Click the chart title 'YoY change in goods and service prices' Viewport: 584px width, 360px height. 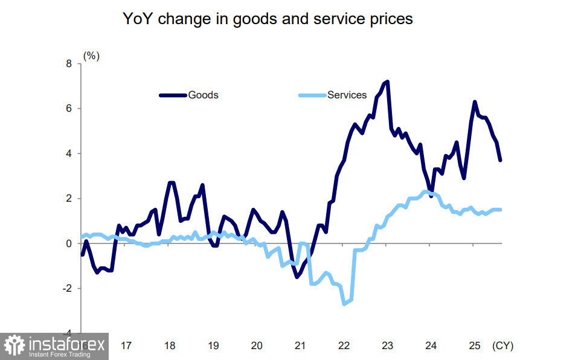pyautogui.click(x=268, y=19)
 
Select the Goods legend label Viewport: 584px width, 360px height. pyautogui.click(x=203, y=95)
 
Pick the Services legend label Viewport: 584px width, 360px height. pyautogui.click(x=347, y=95)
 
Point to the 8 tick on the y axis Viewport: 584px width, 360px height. pyautogui.click(x=68, y=63)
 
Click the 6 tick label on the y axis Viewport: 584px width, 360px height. pyautogui.click(x=68, y=109)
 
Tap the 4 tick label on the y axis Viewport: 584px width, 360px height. pyautogui.click(x=68, y=153)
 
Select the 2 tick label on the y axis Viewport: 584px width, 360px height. pyautogui.click(x=68, y=199)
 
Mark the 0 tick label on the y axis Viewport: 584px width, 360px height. pyautogui.click(x=68, y=243)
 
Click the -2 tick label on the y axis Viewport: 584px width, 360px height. pyautogui.click(x=66, y=289)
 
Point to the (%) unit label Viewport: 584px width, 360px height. pyautogui.click(x=91, y=56)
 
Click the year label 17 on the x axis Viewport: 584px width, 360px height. pyautogui.click(x=126, y=346)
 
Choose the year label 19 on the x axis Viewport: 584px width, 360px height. pyautogui.click(x=213, y=346)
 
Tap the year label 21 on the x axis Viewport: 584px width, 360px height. pyautogui.click(x=300, y=346)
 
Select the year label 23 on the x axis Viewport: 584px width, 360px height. pyautogui.click(x=387, y=346)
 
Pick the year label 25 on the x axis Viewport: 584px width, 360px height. pyautogui.click(x=474, y=346)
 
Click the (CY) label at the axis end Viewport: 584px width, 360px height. pyautogui.click(x=502, y=346)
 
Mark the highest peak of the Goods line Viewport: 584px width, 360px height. pyautogui.click(x=387, y=82)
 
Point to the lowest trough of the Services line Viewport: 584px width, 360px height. pyautogui.click(x=344, y=304)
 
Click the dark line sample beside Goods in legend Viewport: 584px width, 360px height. pyautogui.click(x=173, y=95)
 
